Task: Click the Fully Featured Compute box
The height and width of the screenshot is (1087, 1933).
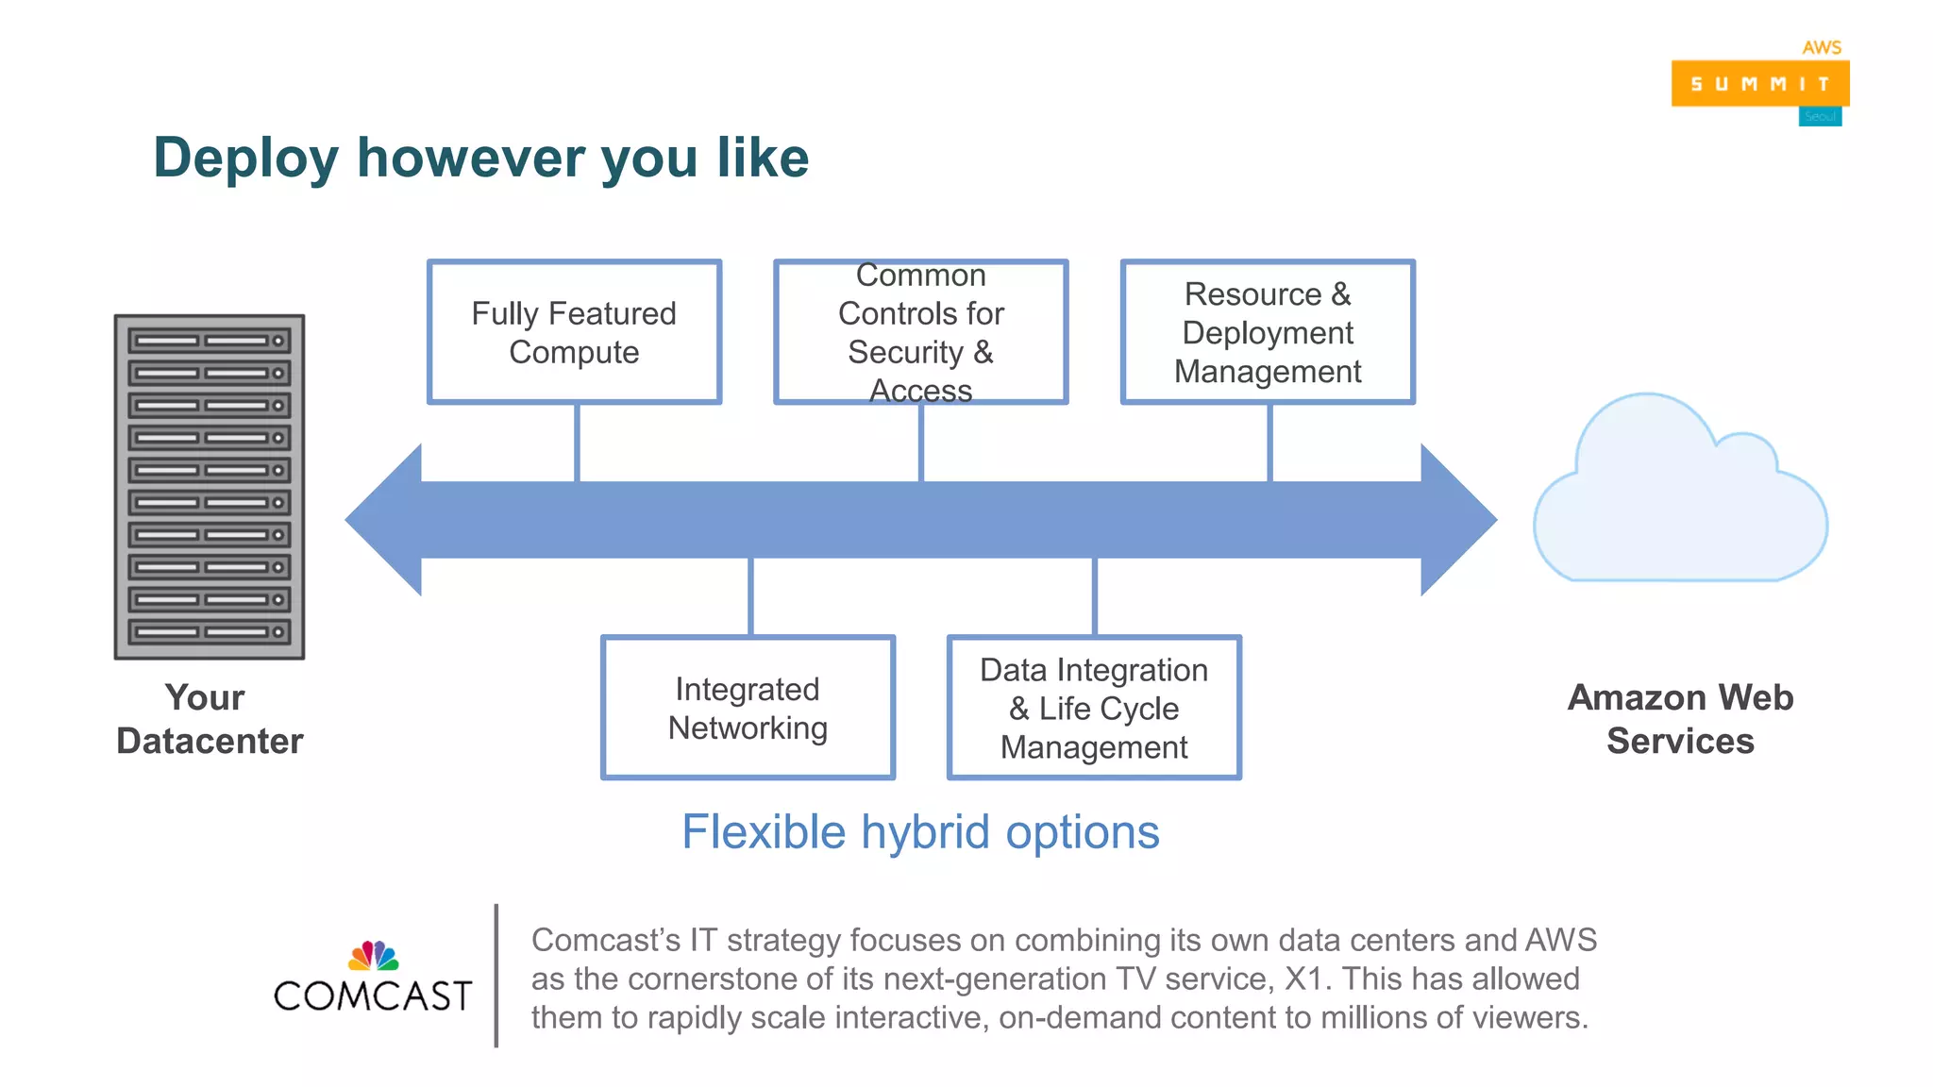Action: [x=574, y=332]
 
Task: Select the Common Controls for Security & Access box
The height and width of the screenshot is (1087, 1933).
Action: [x=920, y=332]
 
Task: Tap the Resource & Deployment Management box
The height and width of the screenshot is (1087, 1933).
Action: [x=1268, y=332]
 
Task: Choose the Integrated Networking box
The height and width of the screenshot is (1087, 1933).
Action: [x=748, y=708]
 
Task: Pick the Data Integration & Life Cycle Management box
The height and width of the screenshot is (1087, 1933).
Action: [x=1094, y=708]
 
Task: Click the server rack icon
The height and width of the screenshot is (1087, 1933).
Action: [x=210, y=487]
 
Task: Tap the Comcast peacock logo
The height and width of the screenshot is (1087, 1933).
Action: [x=374, y=956]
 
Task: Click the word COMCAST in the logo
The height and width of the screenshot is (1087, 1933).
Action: [x=373, y=996]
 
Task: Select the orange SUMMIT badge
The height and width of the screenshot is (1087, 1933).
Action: [x=1759, y=84]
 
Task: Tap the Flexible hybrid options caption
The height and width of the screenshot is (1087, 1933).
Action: [x=920, y=832]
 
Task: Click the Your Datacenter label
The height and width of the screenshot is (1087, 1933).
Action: [x=209, y=719]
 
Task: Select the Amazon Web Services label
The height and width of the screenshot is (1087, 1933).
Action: [x=1680, y=719]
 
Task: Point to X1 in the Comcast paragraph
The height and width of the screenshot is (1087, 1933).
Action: [x=1305, y=978]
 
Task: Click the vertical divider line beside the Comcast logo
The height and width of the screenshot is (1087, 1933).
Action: [x=496, y=976]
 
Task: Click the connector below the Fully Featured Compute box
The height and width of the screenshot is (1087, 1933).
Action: [x=577, y=443]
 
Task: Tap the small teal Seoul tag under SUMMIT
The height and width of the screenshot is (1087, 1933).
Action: [x=1820, y=117]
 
